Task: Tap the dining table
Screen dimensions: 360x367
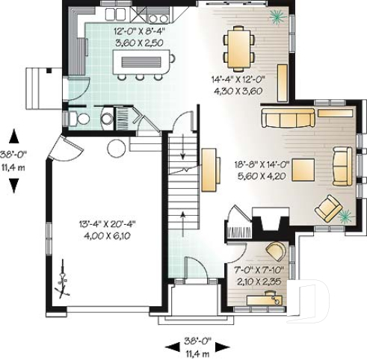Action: tap(238, 47)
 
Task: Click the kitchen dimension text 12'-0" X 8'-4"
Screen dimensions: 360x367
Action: tap(135, 32)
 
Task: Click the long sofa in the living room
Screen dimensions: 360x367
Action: tap(288, 117)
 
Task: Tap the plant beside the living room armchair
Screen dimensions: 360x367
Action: tap(345, 217)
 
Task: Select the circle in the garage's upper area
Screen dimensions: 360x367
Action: tap(116, 146)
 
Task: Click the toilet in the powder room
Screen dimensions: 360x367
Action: tap(82, 118)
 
